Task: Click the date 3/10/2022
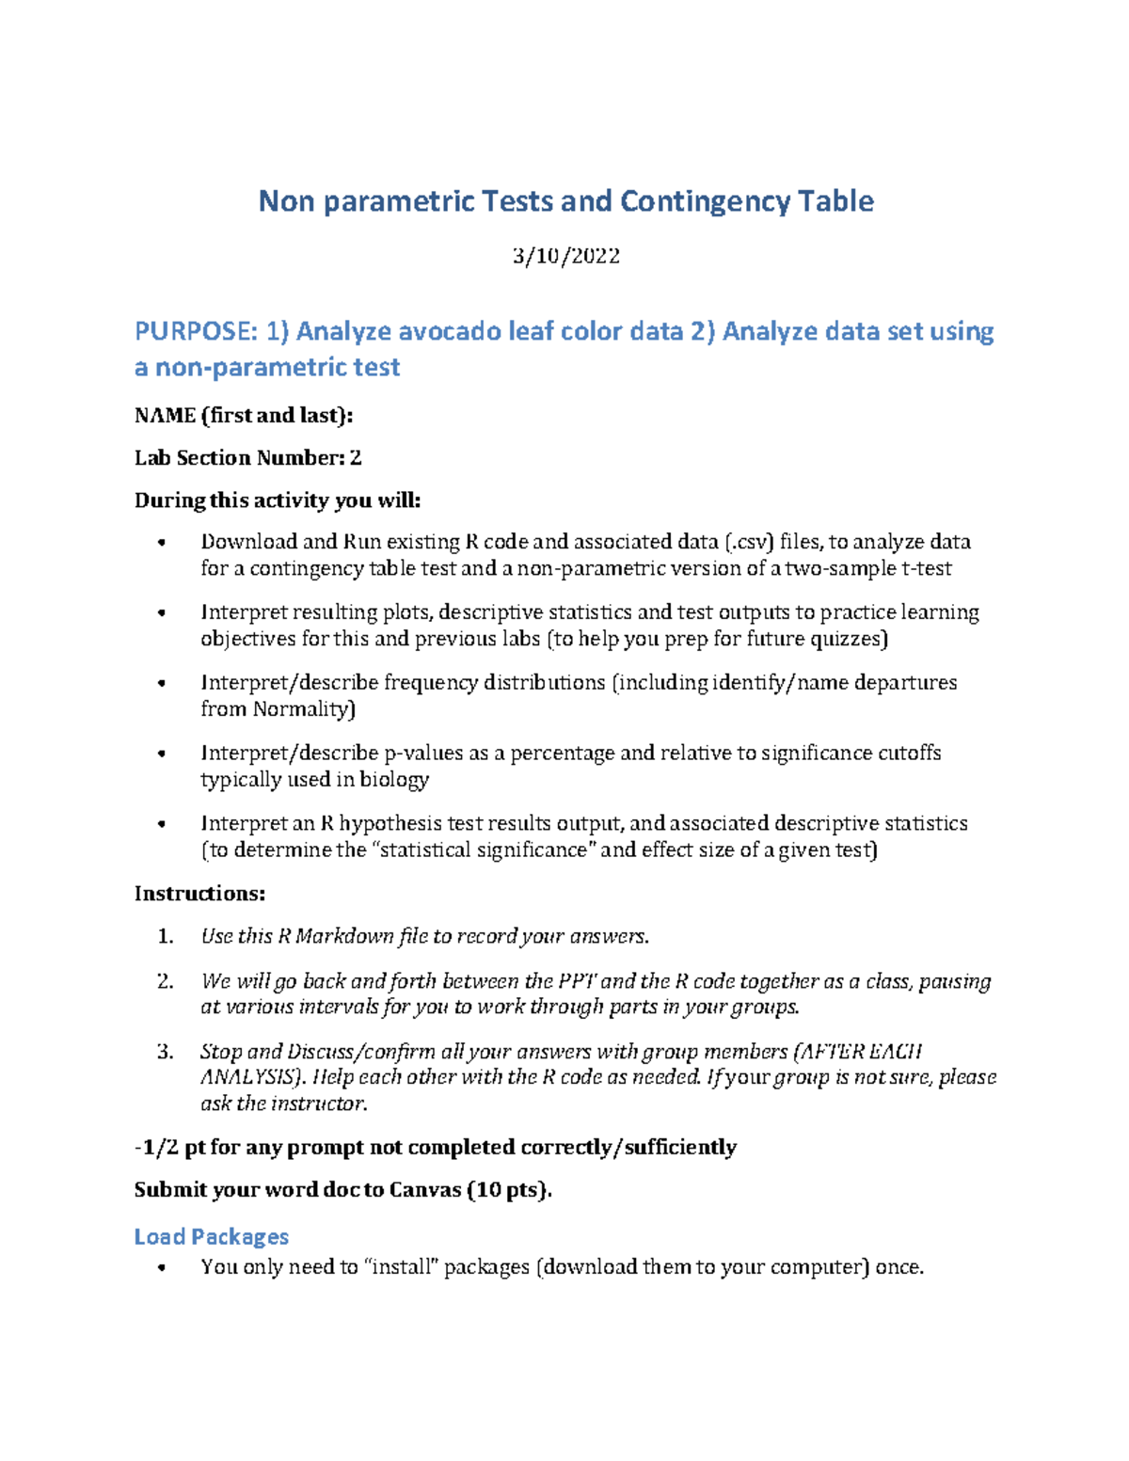pyautogui.click(x=565, y=256)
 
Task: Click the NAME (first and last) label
pyautogui.click(x=244, y=415)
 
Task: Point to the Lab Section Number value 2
pyautogui.click(x=356, y=458)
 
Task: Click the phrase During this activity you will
pyautogui.click(x=278, y=500)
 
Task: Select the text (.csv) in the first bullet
pyautogui.click(x=750, y=542)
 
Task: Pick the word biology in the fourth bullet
pyautogui.click(x=394, y=779)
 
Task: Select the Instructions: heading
pyautogui.click(x=199, y=893)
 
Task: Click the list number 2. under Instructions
pyautogui.click(x=166, y=981)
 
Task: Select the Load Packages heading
pyautogui.click(x=211, y=1236)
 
